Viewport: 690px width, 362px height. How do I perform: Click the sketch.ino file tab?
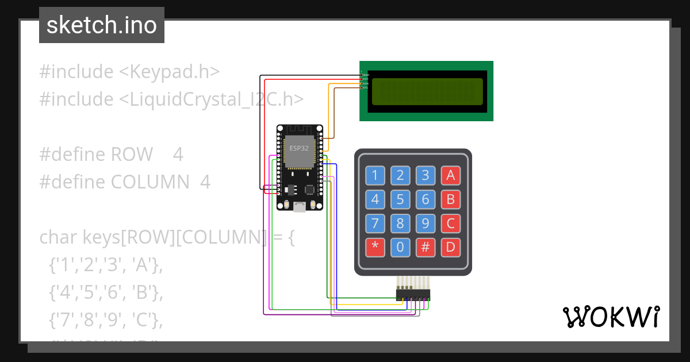pos(102,25)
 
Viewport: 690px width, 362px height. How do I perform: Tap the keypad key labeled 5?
pos(400,199)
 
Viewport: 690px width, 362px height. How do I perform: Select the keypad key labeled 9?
pos(425,223)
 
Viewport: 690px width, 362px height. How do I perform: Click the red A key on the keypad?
pos(451,175)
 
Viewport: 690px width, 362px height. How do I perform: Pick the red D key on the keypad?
pos(451,248)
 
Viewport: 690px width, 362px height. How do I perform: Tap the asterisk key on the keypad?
pos(375,248)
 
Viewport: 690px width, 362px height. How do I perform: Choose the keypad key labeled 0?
pos(400,248)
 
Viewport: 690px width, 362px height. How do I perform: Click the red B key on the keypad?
pos(451,199)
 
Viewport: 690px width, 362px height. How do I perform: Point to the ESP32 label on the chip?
pos(299,148)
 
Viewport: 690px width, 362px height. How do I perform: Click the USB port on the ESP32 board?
pos(299,207)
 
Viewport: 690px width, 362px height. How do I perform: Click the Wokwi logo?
pos(611,317)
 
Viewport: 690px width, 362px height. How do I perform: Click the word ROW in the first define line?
pos(132,155)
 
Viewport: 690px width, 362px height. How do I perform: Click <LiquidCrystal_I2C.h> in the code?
pos(212,99)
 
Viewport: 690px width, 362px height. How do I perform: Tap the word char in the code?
pos(59,237)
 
